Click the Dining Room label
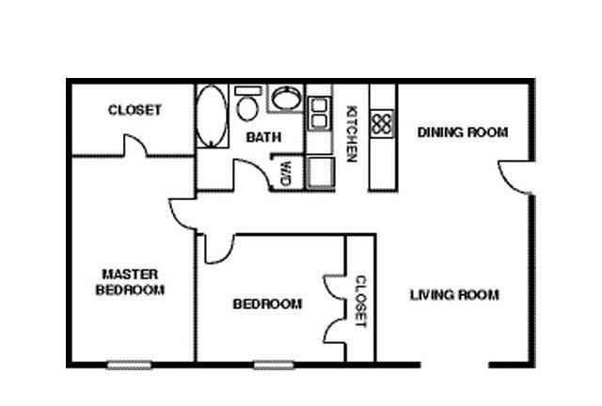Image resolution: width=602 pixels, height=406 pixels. tap(463, 133)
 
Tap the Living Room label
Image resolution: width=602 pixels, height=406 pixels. tap(454, 295)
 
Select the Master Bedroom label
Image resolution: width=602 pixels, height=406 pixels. tap(130, 282)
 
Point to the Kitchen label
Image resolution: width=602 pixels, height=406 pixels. tap(352, 133)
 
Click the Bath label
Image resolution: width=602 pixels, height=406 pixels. tap(263, 137)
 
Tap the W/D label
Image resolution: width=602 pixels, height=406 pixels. tap(286, 174)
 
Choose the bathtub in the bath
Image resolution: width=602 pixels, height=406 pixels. tap(211, 116)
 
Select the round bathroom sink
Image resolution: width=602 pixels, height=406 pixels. tap(286, 98)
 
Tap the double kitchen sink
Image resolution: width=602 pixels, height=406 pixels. tap(320, 113)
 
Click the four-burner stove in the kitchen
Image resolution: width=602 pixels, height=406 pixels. tap(382, 123)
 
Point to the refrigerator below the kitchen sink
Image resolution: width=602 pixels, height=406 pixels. tap(320, 173)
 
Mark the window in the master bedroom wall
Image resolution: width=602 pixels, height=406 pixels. tap(129, 365)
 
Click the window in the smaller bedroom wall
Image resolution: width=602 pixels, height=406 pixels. tap(274, 365)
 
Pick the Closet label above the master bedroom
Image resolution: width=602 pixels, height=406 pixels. tap(135, 110)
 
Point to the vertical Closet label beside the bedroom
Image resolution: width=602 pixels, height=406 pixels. tap(361, 302)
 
